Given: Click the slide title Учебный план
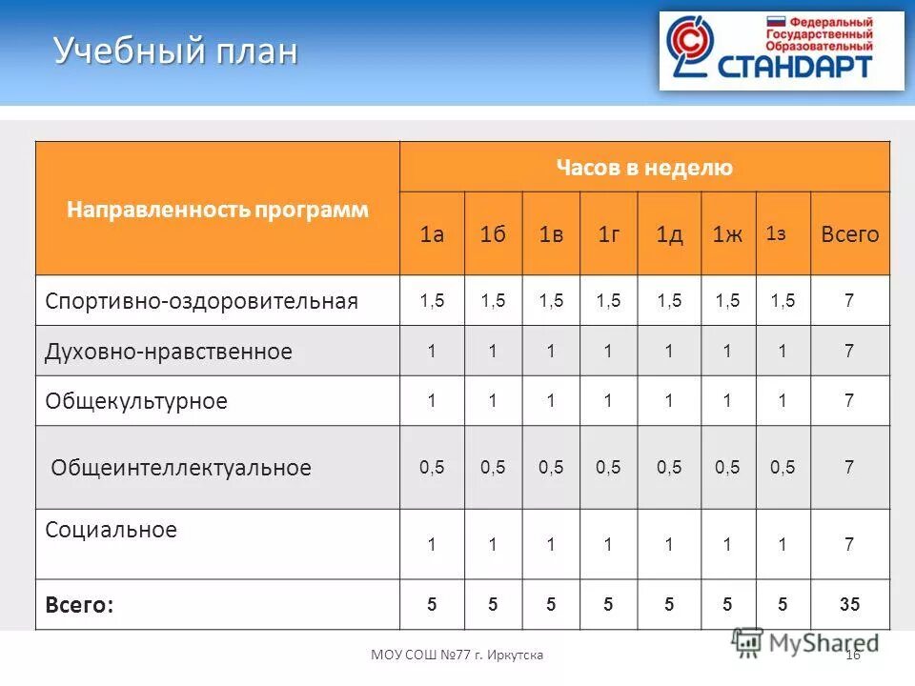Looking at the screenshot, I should [175, 51].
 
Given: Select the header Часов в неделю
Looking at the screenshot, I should [644, 168].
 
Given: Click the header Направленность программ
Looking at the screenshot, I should [217, 210].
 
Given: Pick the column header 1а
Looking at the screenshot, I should [432, 234].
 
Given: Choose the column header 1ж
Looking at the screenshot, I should [727, 234].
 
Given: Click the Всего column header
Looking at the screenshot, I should [850, 234].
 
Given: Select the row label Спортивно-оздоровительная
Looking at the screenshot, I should [201, 301].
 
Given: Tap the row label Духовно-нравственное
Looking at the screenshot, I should [169, 352].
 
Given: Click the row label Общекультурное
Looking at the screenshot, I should [136, 401].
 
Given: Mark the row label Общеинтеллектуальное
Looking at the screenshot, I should [181, 468].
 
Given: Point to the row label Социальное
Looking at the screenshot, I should [111, 530].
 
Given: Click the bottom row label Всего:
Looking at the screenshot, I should [79, 604].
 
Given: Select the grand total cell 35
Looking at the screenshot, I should [849, 604].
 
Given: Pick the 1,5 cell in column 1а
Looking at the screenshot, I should [432, 301].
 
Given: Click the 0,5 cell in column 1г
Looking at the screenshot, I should [607, 467].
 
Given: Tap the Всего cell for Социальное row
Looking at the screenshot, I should [849, 545].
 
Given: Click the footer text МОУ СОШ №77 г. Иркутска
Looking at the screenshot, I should [457, 655].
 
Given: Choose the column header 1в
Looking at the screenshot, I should [551, 234].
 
